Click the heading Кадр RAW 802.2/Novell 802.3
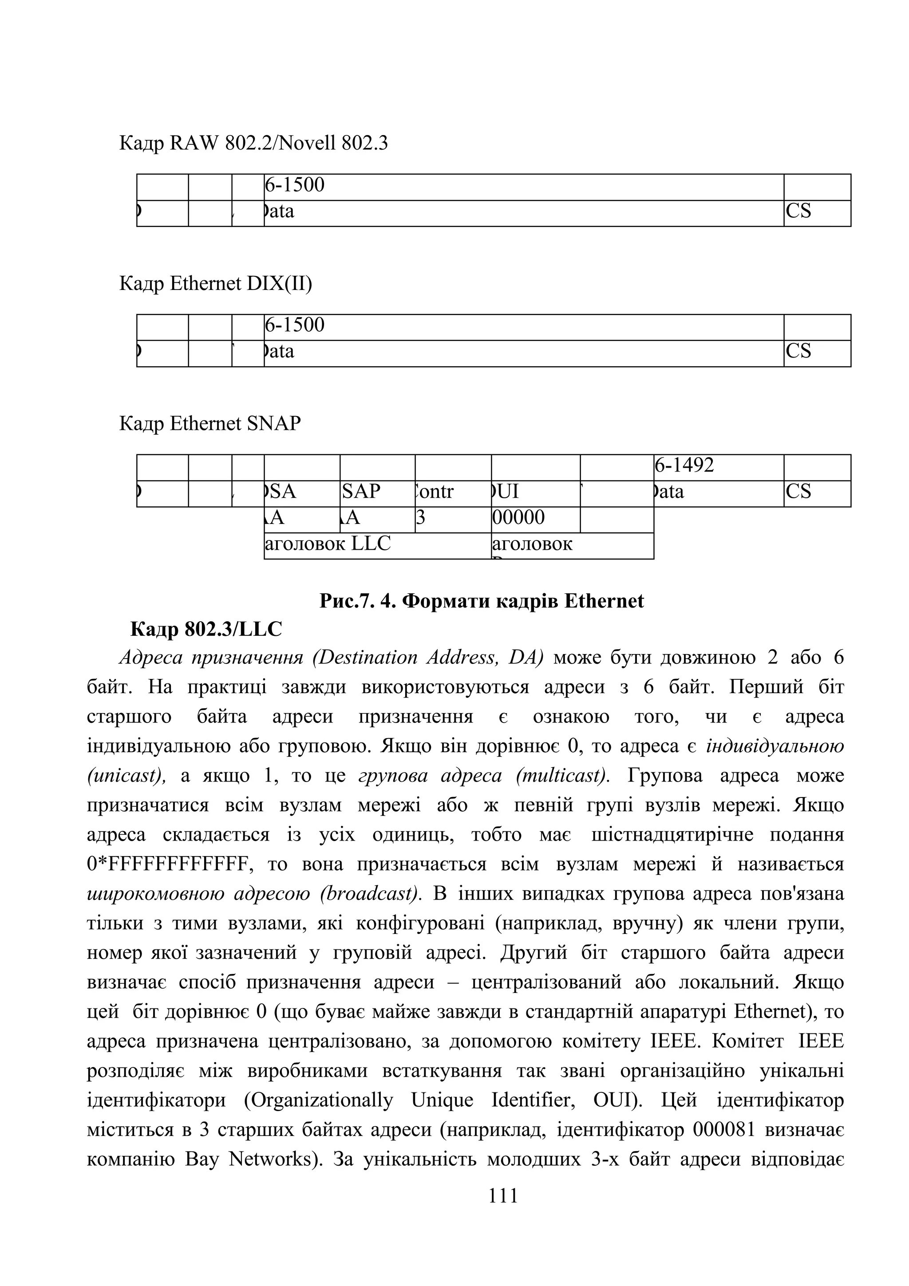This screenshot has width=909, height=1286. coord(253,144)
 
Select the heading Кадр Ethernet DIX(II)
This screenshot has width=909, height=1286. coord(216,284)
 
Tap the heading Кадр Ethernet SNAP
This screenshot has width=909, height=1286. coord(210,424)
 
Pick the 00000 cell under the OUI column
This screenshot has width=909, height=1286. coord(518,517)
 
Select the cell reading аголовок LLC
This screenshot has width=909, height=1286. coord(328,543)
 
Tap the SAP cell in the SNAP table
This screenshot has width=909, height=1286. coord(362,492)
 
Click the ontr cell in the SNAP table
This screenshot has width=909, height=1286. coord(435,492)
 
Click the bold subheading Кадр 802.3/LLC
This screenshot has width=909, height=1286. coord(206,630)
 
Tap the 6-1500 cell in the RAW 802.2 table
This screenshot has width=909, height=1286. coord(295,185)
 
